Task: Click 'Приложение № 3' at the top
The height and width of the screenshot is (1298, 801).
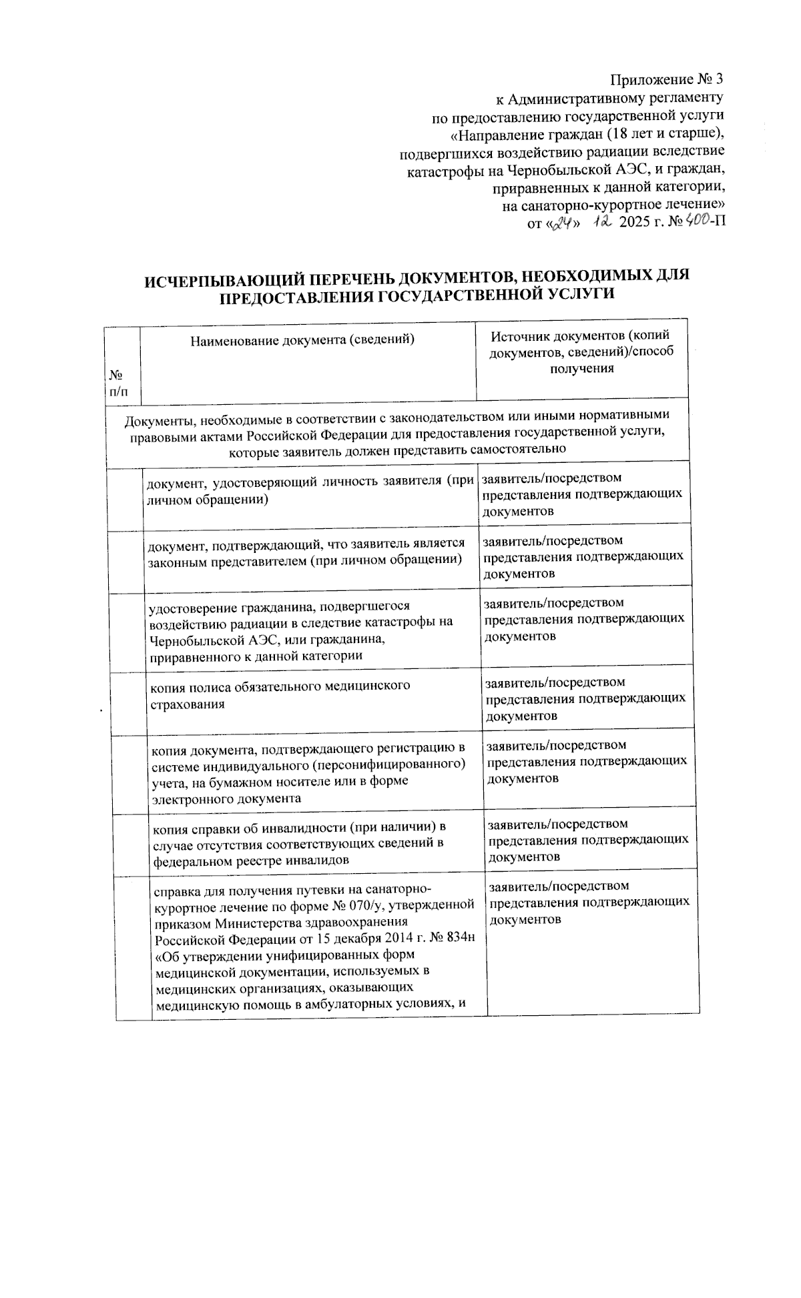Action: (667, 81)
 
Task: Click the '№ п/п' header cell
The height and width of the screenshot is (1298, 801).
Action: (118, 384)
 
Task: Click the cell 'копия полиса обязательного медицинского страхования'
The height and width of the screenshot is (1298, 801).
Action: (279, 694)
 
